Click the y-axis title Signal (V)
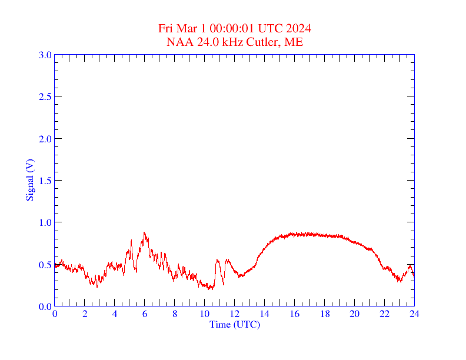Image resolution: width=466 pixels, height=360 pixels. click(x=29, y=180)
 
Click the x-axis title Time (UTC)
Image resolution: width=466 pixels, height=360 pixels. click(x=234, y=324)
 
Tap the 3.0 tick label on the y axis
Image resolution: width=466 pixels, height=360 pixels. click(x=45, y=55)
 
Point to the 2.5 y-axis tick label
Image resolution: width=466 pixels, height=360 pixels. click(x=45, y=96)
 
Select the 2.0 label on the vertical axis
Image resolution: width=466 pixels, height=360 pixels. click(x=45, y=139)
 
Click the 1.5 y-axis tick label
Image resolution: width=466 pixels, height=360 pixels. click(x=45, y=181)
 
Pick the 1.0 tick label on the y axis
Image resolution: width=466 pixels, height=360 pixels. click(x=45, y=222)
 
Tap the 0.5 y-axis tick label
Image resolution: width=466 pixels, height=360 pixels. click(x=45, y=265)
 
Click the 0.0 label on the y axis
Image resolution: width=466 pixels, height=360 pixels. click(x=45, y=306)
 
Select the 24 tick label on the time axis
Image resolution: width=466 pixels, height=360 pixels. click(x=414, y=314)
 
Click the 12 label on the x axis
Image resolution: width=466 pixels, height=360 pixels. click(x=234, y=314)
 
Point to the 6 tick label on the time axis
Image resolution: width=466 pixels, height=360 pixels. click(x=145, y=314)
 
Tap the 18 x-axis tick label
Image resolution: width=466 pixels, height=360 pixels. click(x=324, y=314)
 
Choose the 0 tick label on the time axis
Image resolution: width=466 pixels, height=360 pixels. click(x=55, y=314)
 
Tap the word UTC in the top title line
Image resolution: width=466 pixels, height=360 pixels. click(x=272, y=29)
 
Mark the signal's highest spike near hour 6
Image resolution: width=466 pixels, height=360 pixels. click(x=144, y=232)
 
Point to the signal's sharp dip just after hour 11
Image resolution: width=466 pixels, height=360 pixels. click(x=223, y=285)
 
